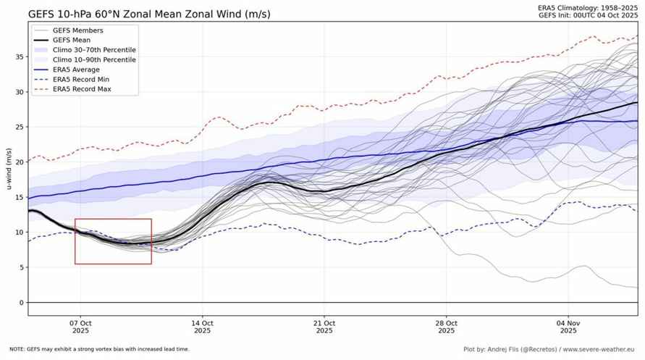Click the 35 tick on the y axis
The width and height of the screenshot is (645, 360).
click(x=20, y=56)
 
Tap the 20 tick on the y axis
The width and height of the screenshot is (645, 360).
click(x=20, y=162)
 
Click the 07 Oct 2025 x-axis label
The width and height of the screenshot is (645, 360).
click(x=80, y=326)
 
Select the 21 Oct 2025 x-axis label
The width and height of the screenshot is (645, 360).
click(x=324, y=326)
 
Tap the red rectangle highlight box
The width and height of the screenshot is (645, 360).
click(x=113, y=241)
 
